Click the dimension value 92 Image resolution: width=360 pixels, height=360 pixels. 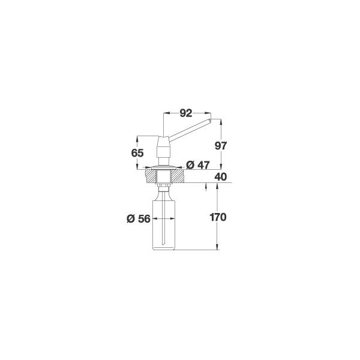(186, 113)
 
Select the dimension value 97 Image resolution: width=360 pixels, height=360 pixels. (221, 146)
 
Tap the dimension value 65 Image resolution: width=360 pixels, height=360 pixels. (137, 153)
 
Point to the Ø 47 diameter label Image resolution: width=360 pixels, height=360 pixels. (197, 165)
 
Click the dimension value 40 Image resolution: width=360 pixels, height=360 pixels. (221, 177)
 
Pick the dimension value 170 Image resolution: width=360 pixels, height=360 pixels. (218, 217)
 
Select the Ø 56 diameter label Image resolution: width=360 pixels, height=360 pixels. (139, 219)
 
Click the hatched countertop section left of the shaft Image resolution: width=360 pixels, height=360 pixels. (151, 176)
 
